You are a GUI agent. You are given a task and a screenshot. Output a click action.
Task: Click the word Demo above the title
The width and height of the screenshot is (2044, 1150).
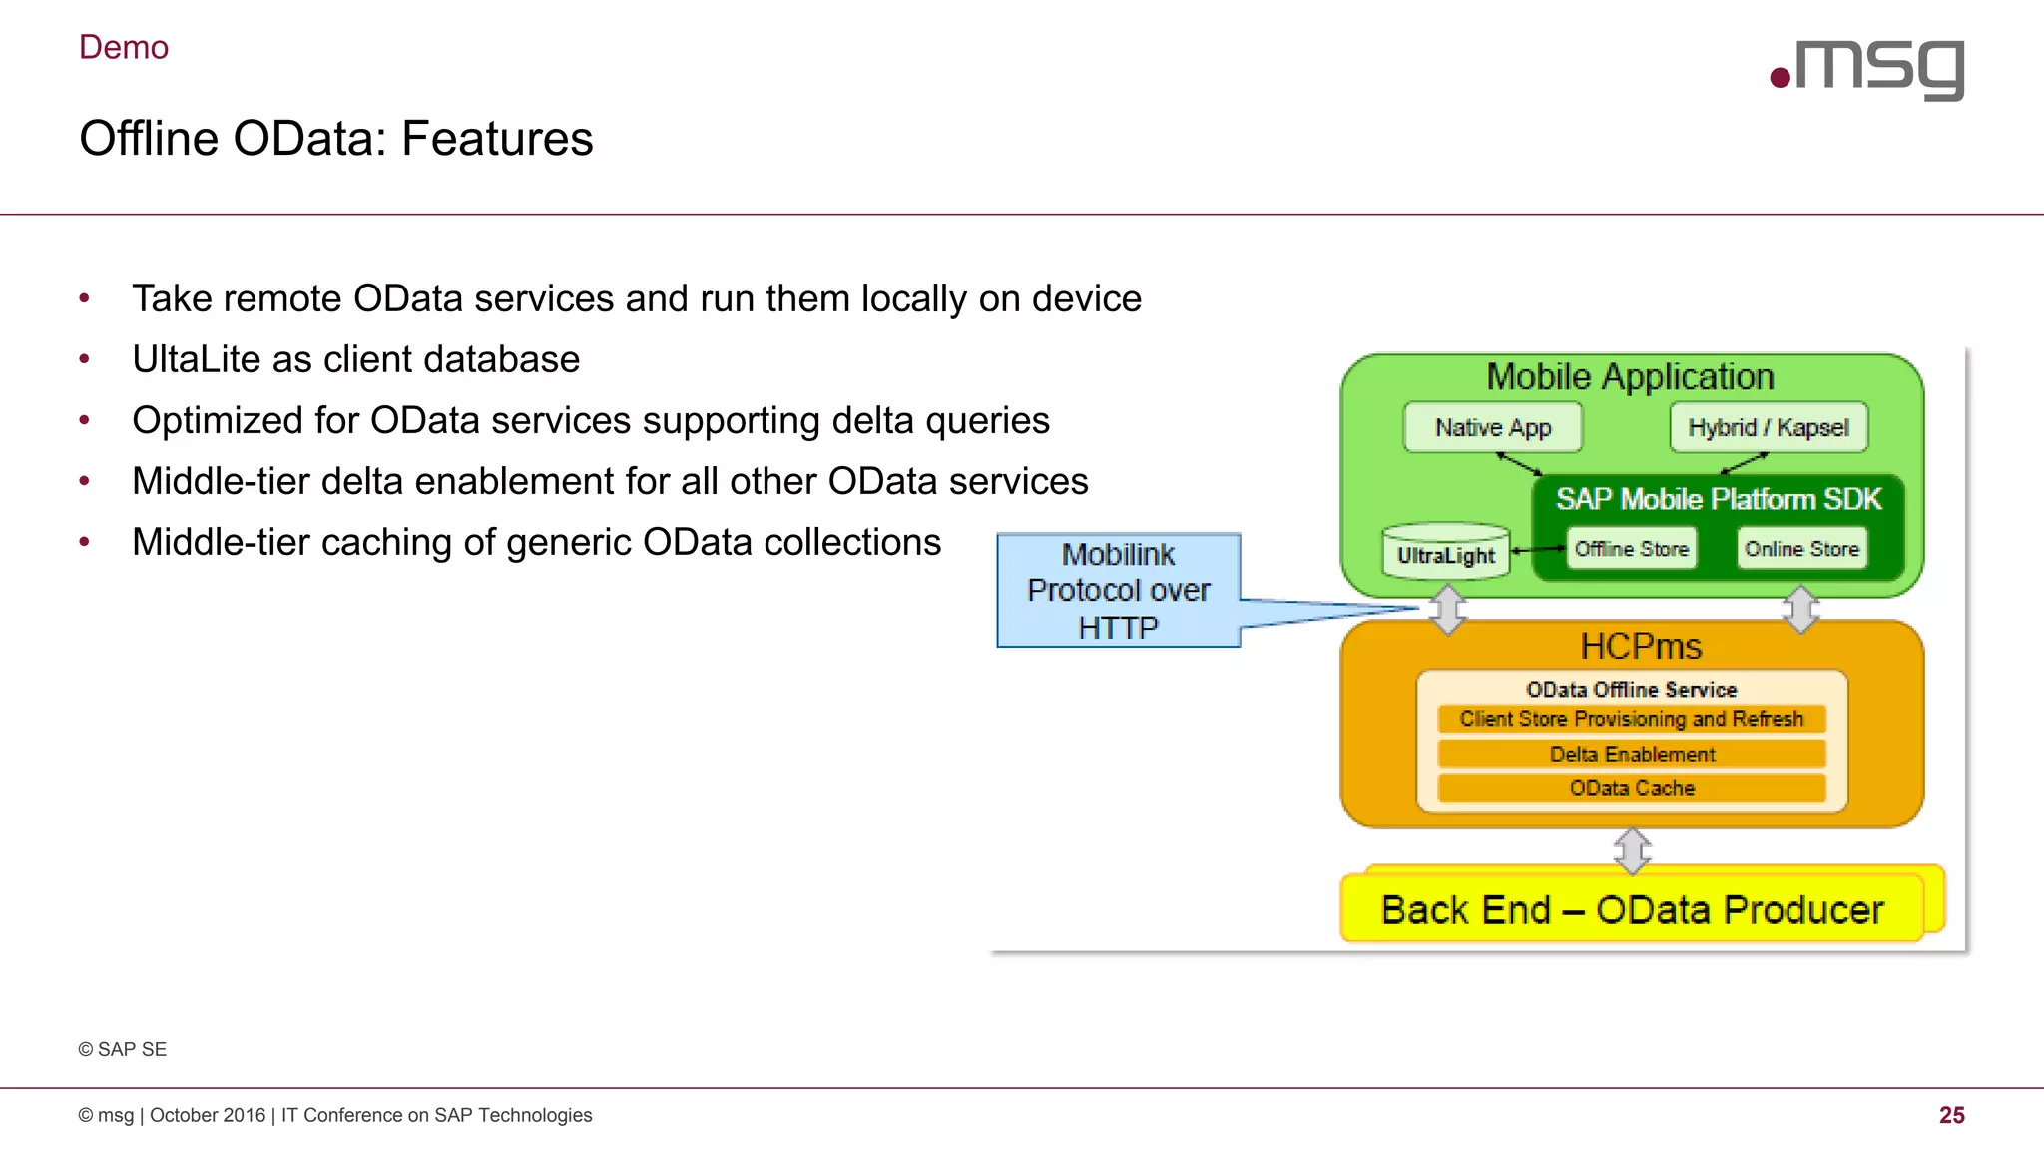tap(124, 47)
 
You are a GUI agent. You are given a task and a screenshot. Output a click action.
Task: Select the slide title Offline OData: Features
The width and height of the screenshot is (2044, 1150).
tap(336, 138)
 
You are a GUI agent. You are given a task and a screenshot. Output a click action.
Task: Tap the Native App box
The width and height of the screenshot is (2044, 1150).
tap(1492, 427)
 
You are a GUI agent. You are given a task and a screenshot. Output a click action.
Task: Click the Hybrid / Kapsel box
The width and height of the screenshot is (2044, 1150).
tap(1769, 427)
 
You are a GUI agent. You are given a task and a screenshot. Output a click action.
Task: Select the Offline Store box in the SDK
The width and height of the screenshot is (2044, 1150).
tap(1631, 549)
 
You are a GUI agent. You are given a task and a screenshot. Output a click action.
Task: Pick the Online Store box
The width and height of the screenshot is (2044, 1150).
tap(1801, 549)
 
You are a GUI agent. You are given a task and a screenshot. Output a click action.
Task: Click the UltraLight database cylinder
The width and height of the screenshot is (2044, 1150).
tap(1445, 552)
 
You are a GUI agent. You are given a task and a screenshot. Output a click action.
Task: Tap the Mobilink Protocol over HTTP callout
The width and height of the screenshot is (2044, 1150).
tap(1118, 590)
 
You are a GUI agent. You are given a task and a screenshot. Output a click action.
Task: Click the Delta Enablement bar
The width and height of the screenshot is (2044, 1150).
tap(1632, 754)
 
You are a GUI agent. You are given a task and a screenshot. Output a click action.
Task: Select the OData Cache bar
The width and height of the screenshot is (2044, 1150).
tap(1632, 788)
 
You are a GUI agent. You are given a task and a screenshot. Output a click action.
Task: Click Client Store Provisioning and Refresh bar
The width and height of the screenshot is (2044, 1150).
tap(1632, 719)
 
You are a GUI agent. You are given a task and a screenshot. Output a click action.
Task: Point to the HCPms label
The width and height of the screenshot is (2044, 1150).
tap(1641, 646)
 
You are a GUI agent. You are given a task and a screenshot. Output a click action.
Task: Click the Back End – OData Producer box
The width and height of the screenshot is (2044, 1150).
tap(1632, 909)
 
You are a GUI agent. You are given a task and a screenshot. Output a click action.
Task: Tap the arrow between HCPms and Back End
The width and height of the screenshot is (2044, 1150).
tap(1632, 850)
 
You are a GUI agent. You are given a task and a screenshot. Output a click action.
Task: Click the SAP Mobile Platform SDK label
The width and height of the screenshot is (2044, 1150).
tap(1718, 499)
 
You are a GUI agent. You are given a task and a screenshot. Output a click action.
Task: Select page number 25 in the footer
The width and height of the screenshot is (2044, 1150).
tap(1951, 1115)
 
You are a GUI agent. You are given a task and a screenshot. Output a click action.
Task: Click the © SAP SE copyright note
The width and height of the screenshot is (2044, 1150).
tap(123, 1049)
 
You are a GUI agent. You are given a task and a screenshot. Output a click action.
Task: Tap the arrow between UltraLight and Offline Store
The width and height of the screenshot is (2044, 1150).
tap(1538, 549)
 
